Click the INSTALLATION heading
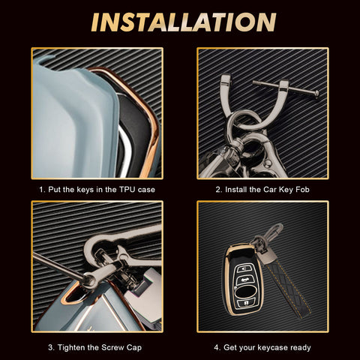pyautogui.click(x=184, y=22)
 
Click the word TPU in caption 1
pyautogui.click(x=127, y=190)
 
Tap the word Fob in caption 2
pyautogui.click(x=302, y=190)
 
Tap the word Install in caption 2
pyautogui.click(x=236, y=190)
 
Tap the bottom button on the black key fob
pyautogui.click(x=247, y=303)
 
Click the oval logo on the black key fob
pyautogui.click(x=245, y=292)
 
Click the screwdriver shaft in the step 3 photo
pyautogui.click(x=58, y=266)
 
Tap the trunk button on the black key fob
pyautogui.click(x=242, y=280)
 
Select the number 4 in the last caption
pyautogui.click(x=216, y=348)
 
